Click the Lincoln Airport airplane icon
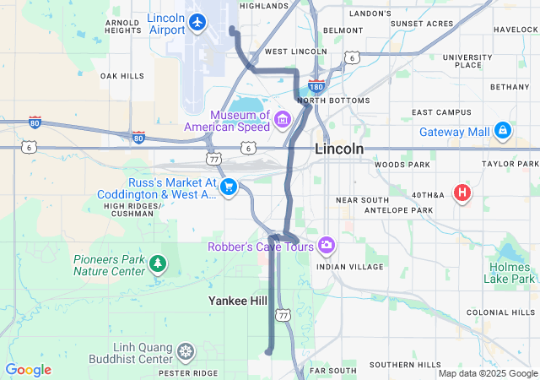pyautogui.click(x=198, y=22)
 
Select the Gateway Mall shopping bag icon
pyautogui.click(x=503, y=131)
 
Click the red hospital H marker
pyautogui.click(x=462, y=193)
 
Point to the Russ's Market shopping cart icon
pyautogui.click(x=228, y=187)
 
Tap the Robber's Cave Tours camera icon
pyautogui.click(x=327, y=246)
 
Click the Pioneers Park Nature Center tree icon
pyautogui.click(x=157, y=264)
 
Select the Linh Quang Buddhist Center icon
pyautogui.click(x=186, y=350)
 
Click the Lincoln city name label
pyautogui.click(x=339, y=149)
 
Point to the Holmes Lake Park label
pyautogui.click(x=511, y=273)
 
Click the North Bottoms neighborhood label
pyautogui.click(x=333, y=100)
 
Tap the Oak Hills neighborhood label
pyautogui.click(x=122, y=76)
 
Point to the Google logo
pyautogui.click(x=28, y=370)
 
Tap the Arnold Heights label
pyautogui.click(x=122, y=25)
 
